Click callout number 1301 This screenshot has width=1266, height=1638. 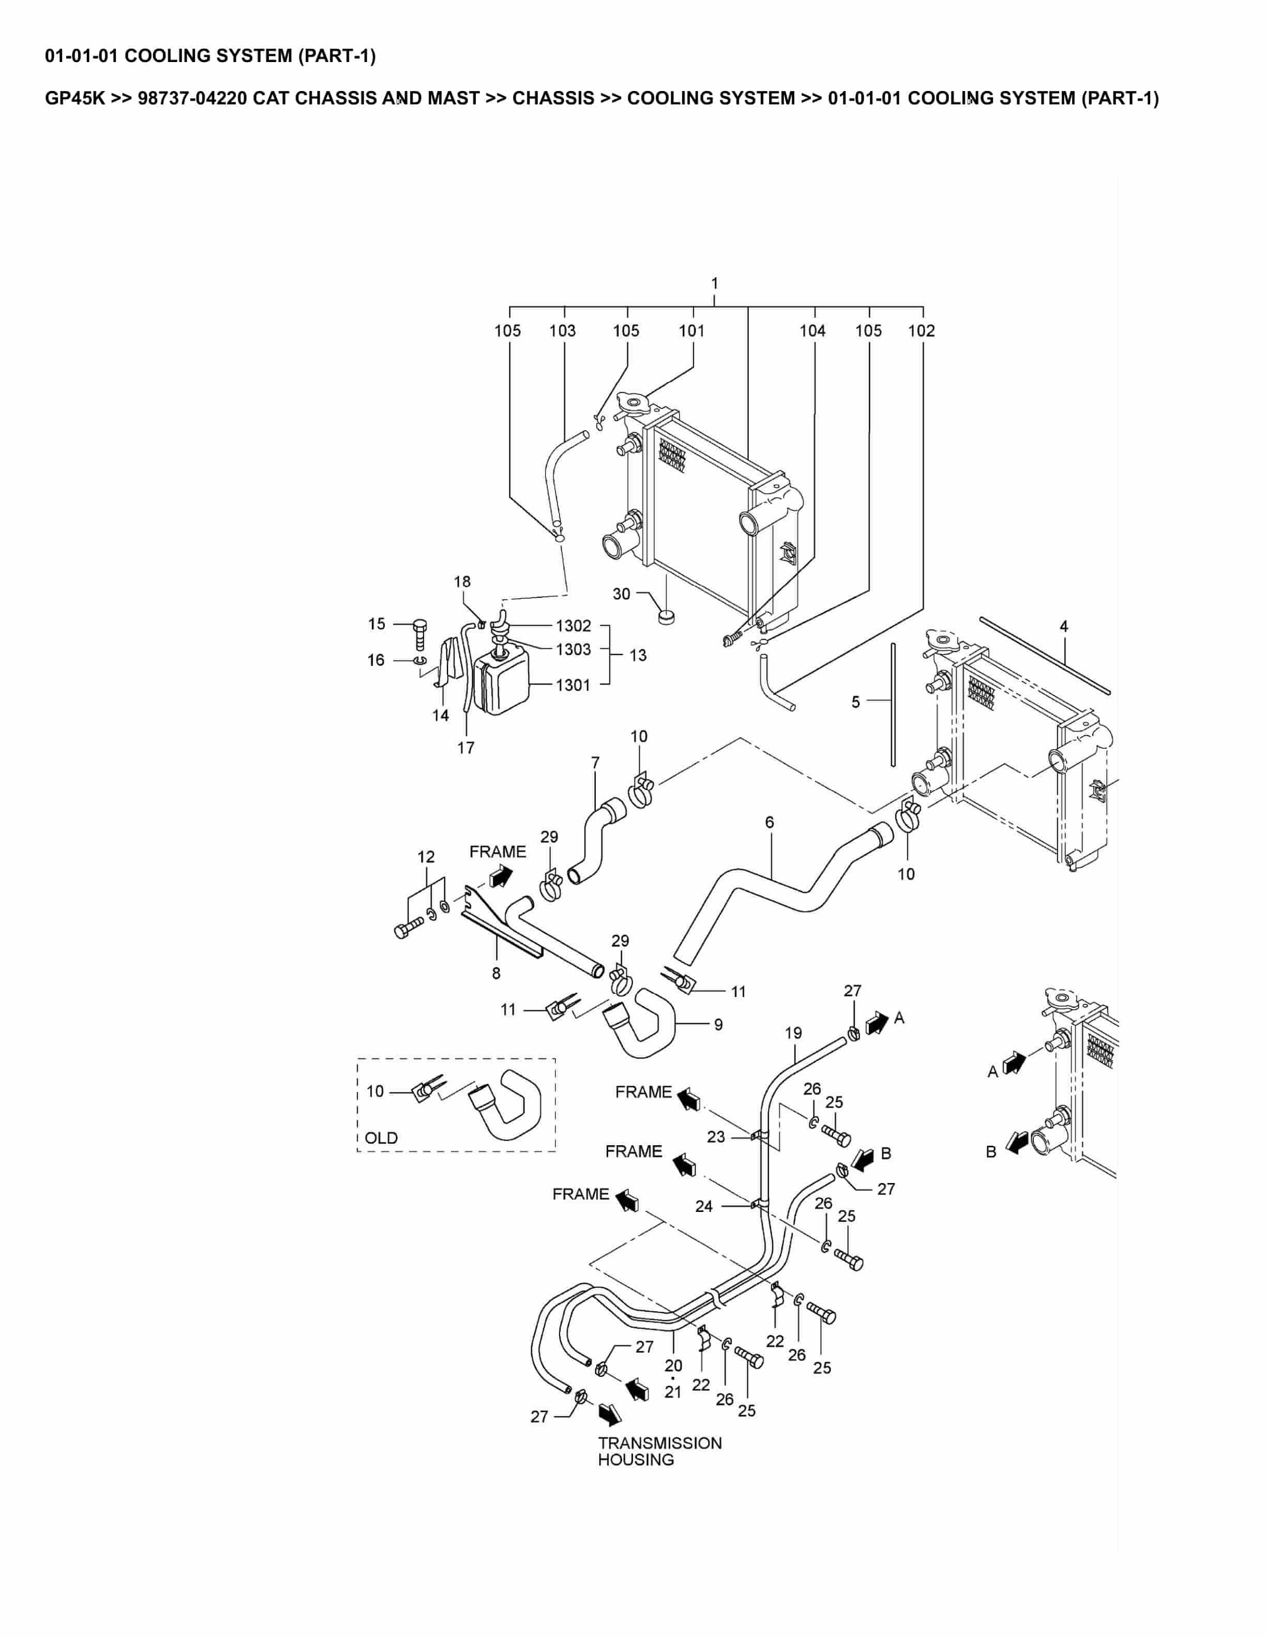573,685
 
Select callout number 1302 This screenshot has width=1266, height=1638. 573,626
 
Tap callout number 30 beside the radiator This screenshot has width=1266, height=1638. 621,594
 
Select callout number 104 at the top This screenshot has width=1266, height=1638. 812,331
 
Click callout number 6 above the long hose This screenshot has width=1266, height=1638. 770,822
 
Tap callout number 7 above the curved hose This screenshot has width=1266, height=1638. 595,763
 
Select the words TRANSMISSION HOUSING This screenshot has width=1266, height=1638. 659,1451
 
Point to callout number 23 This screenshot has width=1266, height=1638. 716,1137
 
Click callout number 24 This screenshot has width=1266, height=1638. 703,1206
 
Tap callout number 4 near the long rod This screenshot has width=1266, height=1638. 1063,626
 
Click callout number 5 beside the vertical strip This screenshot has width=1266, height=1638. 856,702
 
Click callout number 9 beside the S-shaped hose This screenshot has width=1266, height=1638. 718,1024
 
